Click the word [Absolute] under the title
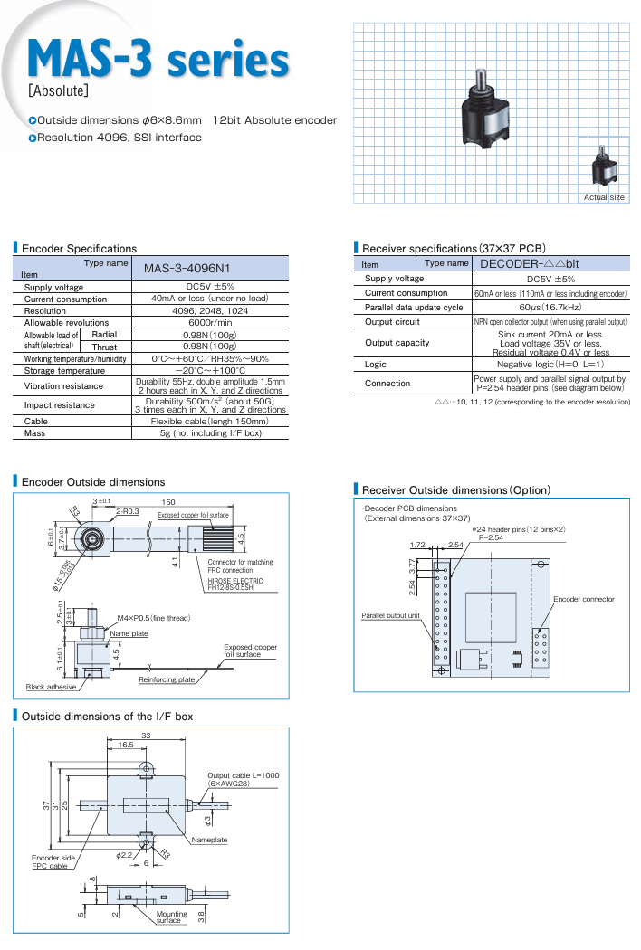coord(58,91)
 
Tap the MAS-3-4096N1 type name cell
coord(187,268)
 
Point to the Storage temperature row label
coord(64,370)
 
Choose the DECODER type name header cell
coord(529,263)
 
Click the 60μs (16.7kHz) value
coord(551,308)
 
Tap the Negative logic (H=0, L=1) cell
coord(551,365)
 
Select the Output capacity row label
coord(397,343)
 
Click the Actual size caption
coord(604,197)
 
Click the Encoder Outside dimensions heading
coord(93,482)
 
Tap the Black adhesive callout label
coord(51,687)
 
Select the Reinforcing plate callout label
coord(167,679)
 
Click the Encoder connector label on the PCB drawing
coord(584,599)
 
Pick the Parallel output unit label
coord(391,615)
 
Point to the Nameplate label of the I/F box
coord(209,840)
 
